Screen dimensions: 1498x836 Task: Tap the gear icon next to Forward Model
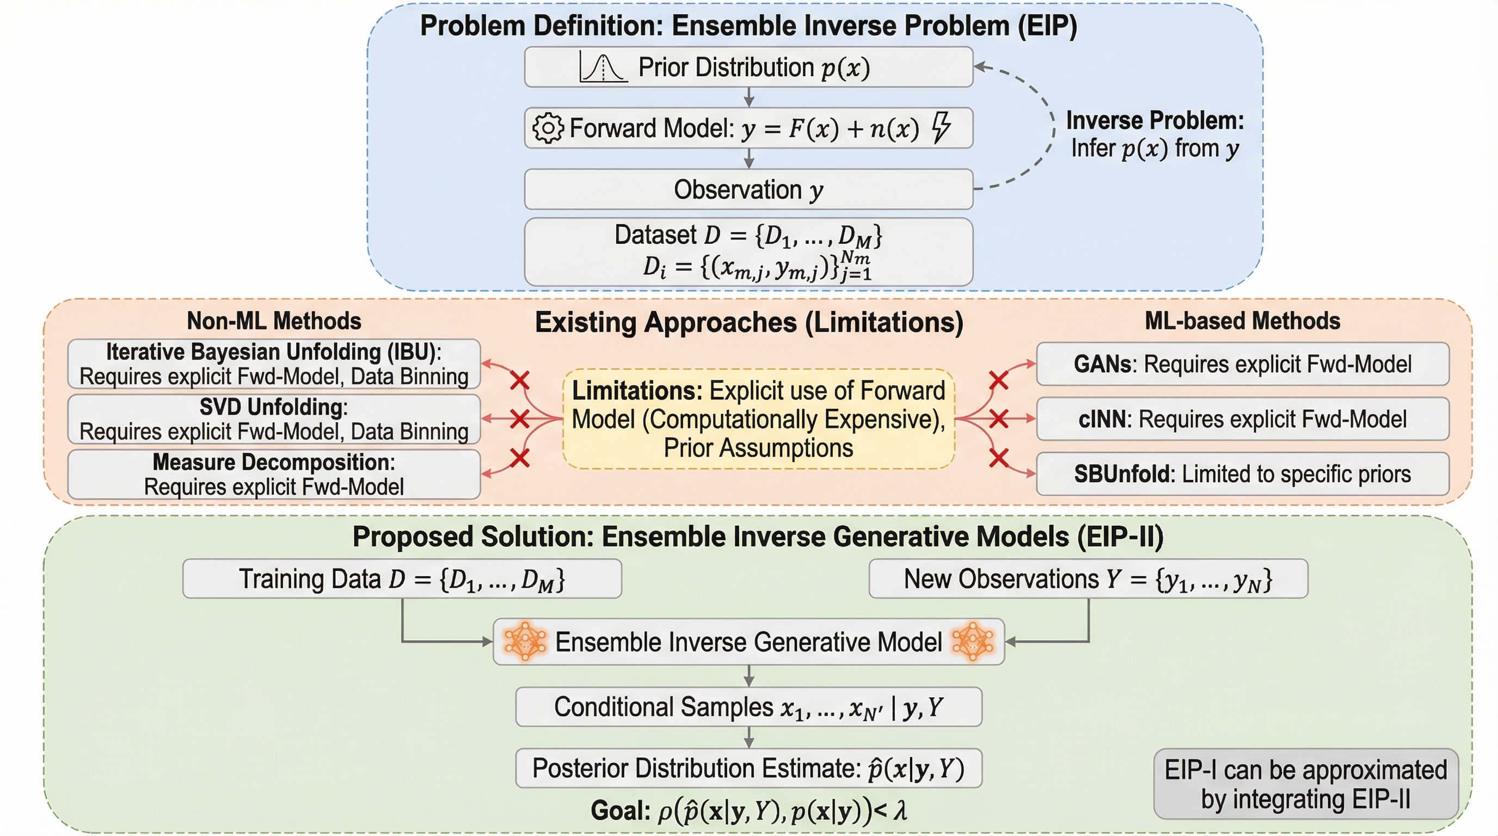[x=548, y=128]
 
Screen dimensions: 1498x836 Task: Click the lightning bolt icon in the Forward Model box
[x=942, y=127]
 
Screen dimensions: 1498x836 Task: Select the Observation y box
[x=748, y=189]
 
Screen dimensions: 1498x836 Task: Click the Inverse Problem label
[x=1155, y=134]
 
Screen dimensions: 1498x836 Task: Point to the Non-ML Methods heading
[x=274, y=321]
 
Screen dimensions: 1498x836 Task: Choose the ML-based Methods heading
[x=1242, y=321]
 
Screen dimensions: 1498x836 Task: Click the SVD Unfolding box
[x=274, y=419]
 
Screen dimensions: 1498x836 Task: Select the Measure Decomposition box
[x=274, y=475]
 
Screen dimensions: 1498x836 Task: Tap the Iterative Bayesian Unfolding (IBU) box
[x=274, y=364]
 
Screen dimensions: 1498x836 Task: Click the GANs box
[x=1243, y=364]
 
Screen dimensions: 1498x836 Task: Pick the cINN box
[x=1243, y=419]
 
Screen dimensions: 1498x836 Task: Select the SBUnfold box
[x=1243, y=474]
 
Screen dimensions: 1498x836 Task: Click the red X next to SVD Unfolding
[x=519, y=419]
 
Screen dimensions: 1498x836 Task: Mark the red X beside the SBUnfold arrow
[x=998, y=458]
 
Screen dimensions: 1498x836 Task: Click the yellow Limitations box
[x=758, y=419]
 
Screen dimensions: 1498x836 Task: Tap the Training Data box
[x=402, y=579]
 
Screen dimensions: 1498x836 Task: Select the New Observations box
[x=1088, y=579]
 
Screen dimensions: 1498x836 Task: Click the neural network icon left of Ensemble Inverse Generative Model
[x=525, y=642]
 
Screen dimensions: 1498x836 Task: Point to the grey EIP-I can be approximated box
[x=1306, y=784]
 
